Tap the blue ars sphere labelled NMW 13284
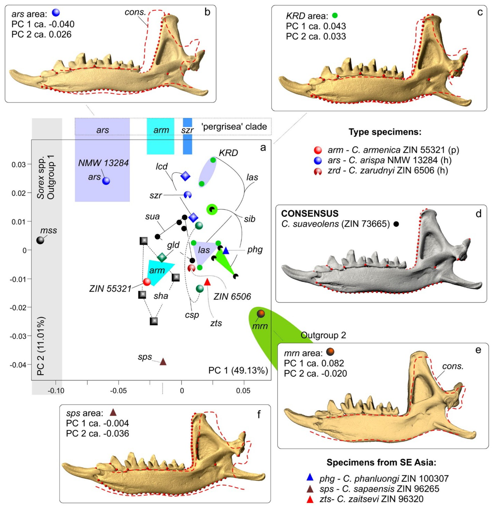click(x=106, y=181)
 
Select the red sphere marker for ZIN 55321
click(x=147, y=282)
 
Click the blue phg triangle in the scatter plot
click(x=226, y=251)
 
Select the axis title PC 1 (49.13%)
click(x=238, y=370)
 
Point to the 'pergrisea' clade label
click(x=234, y=127)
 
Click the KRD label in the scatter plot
click(x=228, y=153)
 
